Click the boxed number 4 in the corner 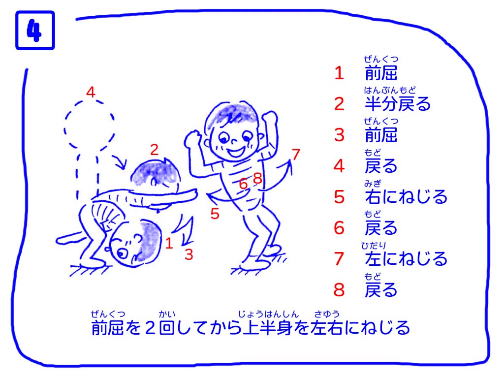point(35,31)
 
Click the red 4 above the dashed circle point(91,92)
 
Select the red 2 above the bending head point(154,150)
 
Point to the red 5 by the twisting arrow point(215,214)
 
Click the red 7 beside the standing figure point(296,154)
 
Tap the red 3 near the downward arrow point(189,254)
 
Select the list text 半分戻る point(397,104)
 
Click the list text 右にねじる point(406,197)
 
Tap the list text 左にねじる point(406,259)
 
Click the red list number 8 point(339,290)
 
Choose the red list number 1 point(339,73)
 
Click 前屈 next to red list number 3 point(381,135)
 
